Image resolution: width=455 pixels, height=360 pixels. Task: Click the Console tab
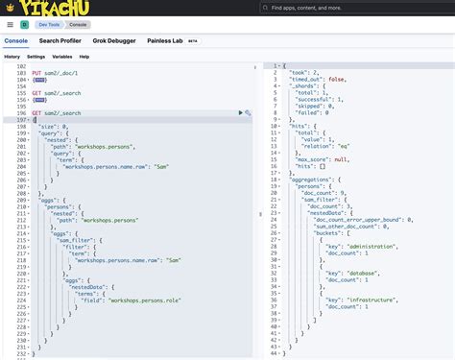(x=15, y=41)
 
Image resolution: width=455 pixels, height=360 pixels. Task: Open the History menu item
(x=12, y=57)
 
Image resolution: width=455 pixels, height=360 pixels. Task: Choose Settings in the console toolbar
(x=36, y=57)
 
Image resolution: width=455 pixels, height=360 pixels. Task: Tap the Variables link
(x=61, y=57)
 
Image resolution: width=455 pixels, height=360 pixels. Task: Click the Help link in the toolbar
(x=84, y=57)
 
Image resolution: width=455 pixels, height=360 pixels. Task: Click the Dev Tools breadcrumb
(x=48, y=24)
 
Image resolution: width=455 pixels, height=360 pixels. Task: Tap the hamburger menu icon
(x=10, y=24)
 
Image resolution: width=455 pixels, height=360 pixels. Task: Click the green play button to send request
(x=241, y=113)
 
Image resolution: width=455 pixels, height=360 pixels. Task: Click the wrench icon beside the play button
(x=249, y=113)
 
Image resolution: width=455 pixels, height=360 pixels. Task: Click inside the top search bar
(x=355, y=8)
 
